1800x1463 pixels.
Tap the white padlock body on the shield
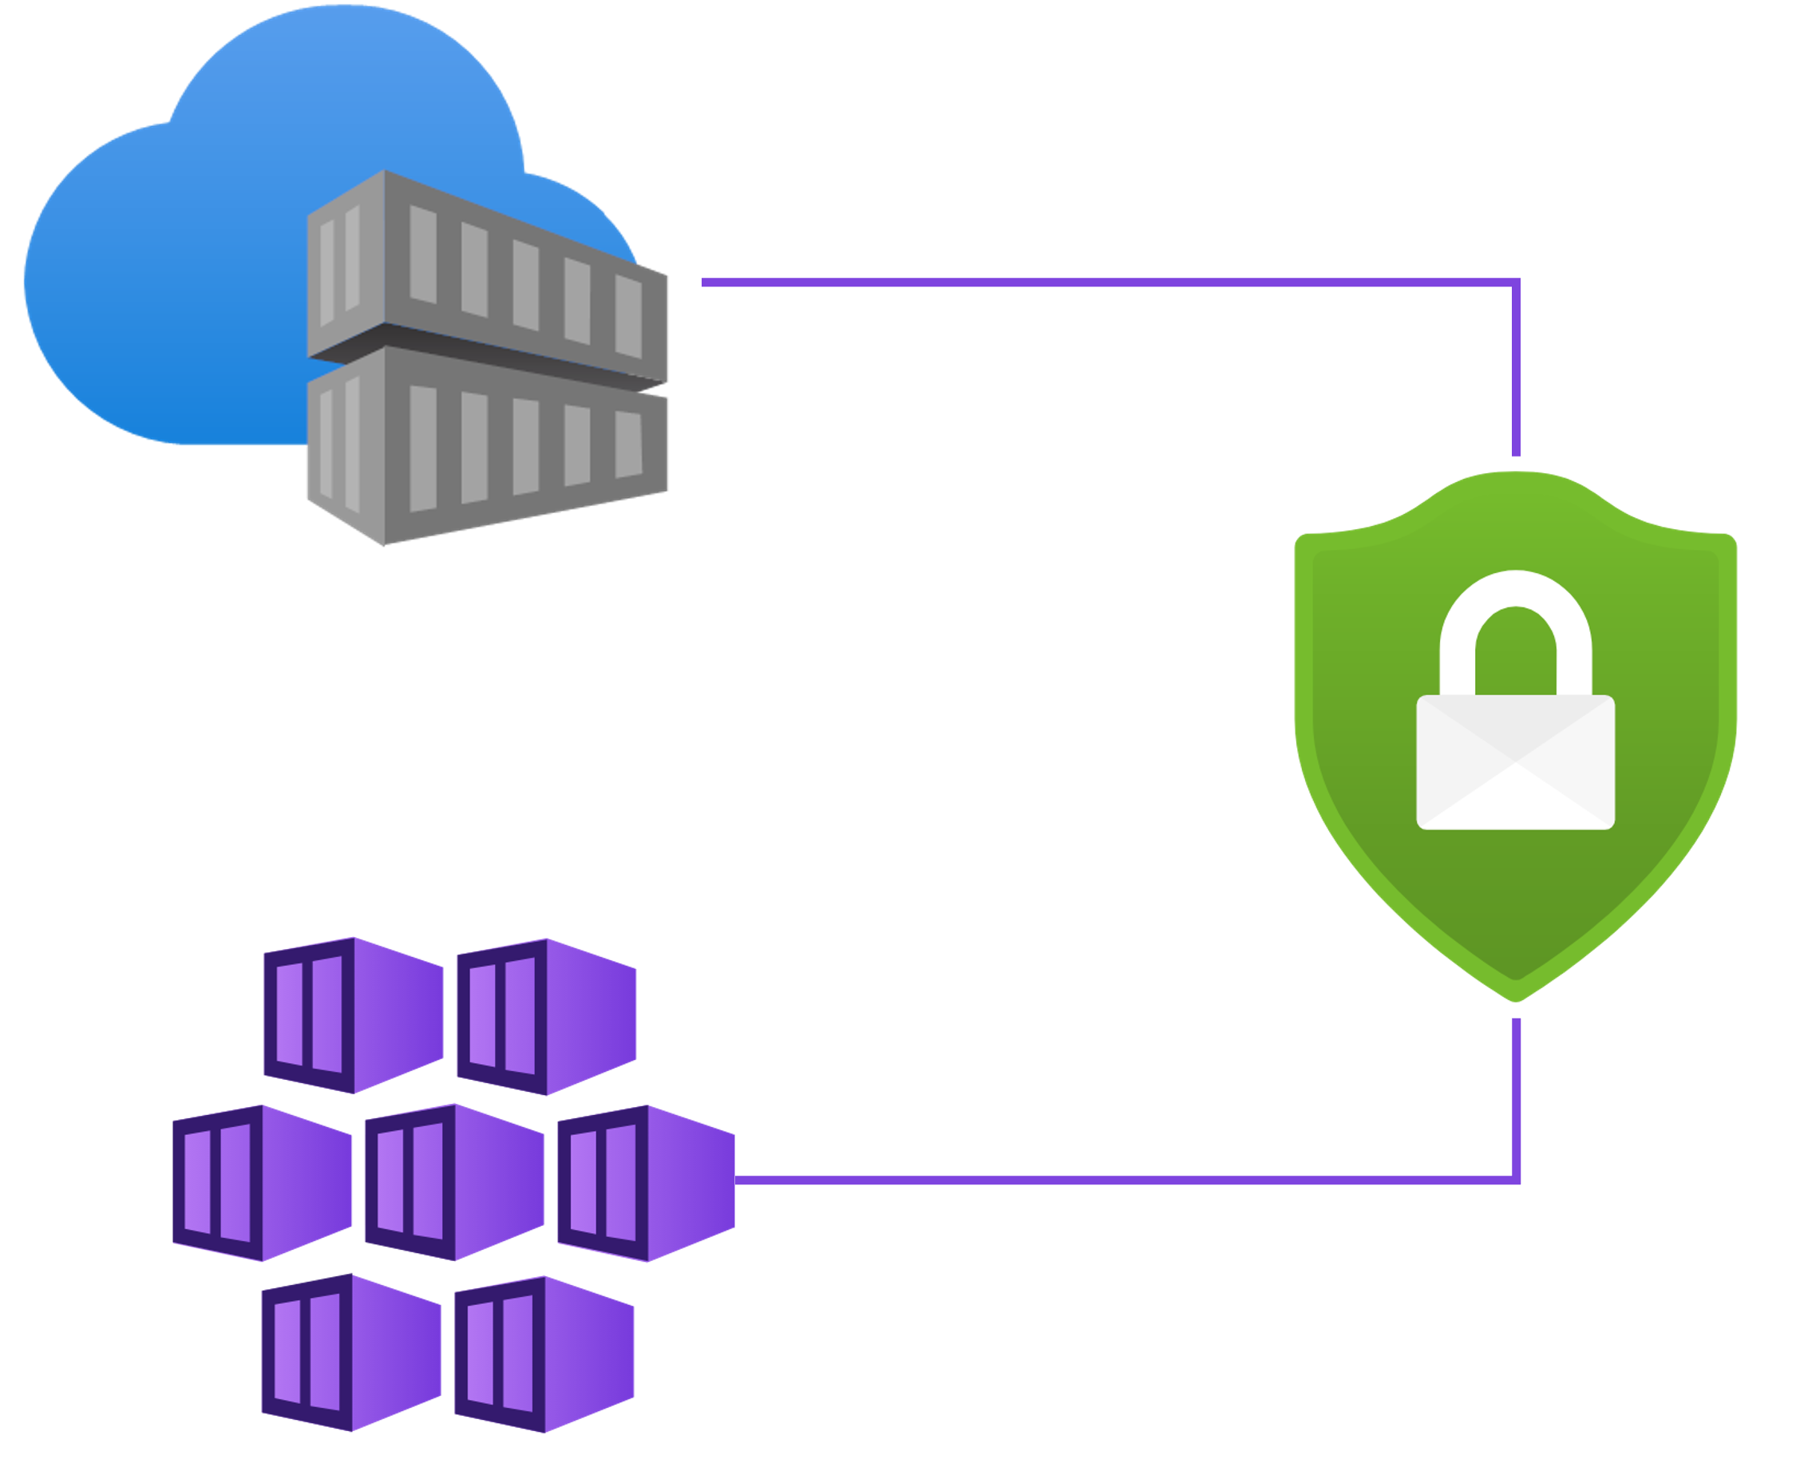coord(1515,763)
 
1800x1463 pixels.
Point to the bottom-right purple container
coord(544,1353)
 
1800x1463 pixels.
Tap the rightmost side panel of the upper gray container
coord(629,316)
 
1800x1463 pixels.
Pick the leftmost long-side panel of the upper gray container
coord(423,254)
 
